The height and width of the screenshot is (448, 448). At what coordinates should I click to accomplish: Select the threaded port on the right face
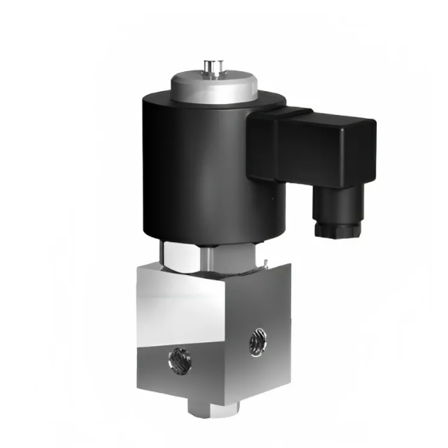click(257, 340)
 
